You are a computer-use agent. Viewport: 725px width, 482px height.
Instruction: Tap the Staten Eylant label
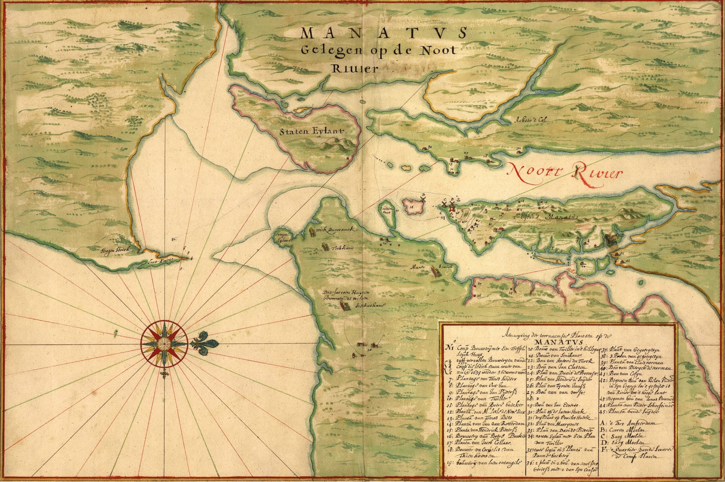[313, 131]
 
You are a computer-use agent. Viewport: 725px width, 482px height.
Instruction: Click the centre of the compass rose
[165, 343]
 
